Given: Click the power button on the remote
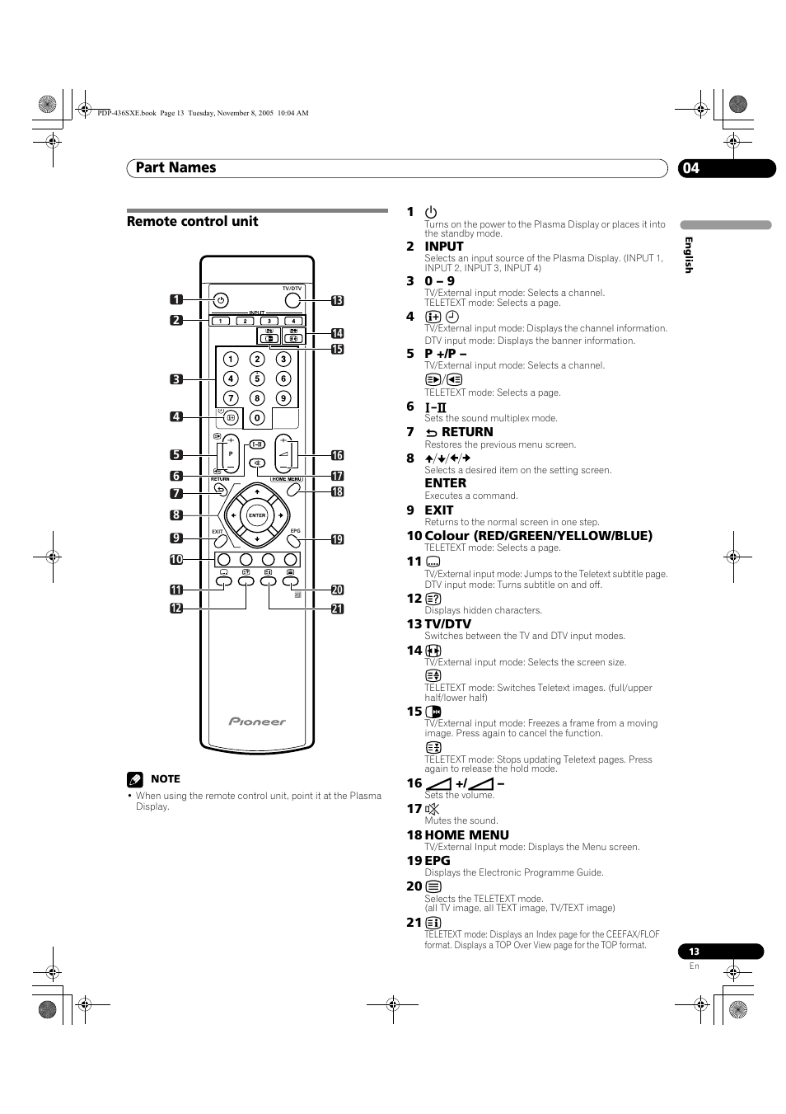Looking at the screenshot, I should tap(220, 301).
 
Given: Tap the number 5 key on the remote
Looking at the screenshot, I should tap(257, 378).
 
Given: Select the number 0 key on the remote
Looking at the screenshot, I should tap(257, 418).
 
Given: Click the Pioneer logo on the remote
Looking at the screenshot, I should tap(257, 722).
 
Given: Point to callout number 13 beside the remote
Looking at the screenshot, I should tap(337, 301).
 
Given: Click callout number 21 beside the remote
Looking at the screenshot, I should tap(337, 609).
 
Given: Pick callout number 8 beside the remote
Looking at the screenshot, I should tap(176, 515).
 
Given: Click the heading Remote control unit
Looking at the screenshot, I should tap(192, 221).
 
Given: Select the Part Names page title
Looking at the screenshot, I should tap(175, 167).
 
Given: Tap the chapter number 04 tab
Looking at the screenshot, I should tap(691, 168).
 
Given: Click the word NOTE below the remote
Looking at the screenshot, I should tap(165, 778).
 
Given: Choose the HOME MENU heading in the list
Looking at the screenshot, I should tap(466, 834).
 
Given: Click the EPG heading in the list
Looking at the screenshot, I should tap(437, 860).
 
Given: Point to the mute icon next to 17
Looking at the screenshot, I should tap(433, 809).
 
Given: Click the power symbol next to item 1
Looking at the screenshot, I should tap(431, 212).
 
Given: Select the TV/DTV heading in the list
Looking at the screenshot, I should tap(447, 623).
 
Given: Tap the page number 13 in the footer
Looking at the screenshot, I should tap(694, 952).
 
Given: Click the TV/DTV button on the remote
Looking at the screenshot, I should tap(292, 301).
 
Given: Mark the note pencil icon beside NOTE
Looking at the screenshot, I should tap(135, 778).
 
